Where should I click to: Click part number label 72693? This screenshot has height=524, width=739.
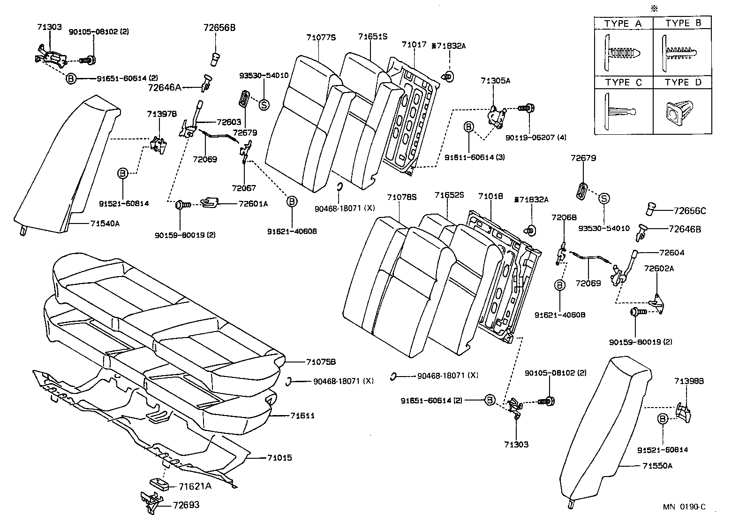click(186, 505)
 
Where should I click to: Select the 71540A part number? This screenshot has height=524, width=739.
click(105, 223)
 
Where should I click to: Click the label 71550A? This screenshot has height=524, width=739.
click(657, 466)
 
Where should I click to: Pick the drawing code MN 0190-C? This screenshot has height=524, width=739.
click(684, 507)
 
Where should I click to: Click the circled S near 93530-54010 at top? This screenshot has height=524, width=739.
click(264, 105)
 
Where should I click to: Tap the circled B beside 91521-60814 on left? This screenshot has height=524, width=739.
click(122, 174)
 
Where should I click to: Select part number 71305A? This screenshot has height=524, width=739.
click(495, 81)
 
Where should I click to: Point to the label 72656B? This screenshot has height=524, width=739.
click(219, 28)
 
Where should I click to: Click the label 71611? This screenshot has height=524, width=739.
click(302, 416)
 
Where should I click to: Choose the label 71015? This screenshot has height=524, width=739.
click(279, 457)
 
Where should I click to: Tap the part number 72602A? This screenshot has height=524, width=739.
click(659, 269)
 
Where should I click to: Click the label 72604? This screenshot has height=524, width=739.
click(671, 253)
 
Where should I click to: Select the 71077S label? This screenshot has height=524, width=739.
click(321, 37)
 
